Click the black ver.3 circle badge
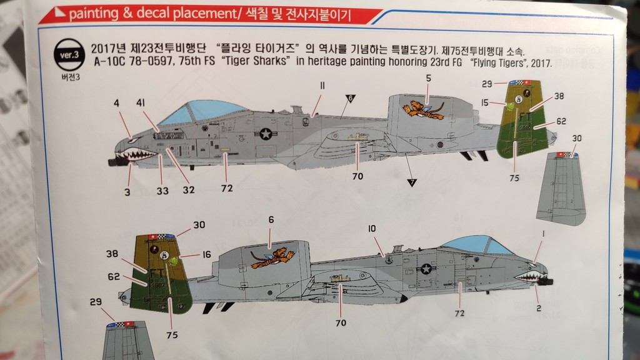pos(69,55)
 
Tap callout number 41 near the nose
pos(141,103)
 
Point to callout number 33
pos(162,191)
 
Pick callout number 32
pos(189,190)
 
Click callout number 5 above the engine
pos(428,78)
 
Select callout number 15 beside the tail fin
pos(484,102)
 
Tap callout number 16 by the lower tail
pos(206,255)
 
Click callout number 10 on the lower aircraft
pos(372,229)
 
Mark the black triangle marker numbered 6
pos(350,98)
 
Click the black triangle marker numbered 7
pos(412,182)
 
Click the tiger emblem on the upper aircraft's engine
pos(423,110)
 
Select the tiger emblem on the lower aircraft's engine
pos(272,258)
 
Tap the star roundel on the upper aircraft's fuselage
pos(266,134)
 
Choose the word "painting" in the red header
pos(94,14)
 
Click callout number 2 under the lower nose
pos(539,308)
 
